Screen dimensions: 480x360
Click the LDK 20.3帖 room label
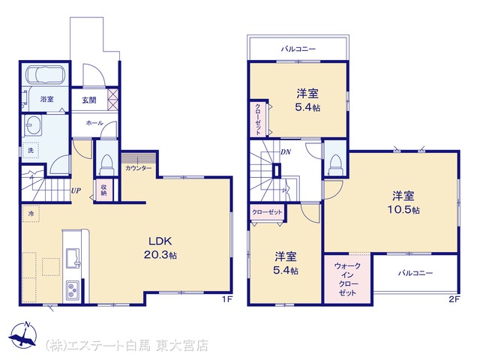click(160, 248)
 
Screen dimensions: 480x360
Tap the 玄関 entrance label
click(88, 100)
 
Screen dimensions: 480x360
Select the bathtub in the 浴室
click(45, 74)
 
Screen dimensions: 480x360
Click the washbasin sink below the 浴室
click(33, 125)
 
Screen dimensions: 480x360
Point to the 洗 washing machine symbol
click(31, 150)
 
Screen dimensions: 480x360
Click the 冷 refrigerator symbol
click(31, 214)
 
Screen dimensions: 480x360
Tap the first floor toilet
click(106, 165)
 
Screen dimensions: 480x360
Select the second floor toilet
click(335, 165)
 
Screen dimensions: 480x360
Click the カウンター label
click(138, 168)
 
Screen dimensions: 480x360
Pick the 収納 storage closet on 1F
click(103, 190)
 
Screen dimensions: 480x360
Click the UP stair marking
click(76, 190)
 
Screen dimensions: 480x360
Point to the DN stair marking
click(286, 151)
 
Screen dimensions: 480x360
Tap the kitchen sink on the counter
click(73, 258)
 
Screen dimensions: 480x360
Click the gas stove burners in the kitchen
click(72, 290)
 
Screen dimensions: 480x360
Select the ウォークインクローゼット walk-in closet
click(347, 279)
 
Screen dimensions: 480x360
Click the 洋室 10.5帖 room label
click(403, 202)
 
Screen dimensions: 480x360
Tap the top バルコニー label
click(298, 49)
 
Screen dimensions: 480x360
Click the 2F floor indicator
click(454, 299)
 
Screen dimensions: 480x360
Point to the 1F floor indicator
click(226, 299)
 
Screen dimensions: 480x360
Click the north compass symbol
click(23, 334)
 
